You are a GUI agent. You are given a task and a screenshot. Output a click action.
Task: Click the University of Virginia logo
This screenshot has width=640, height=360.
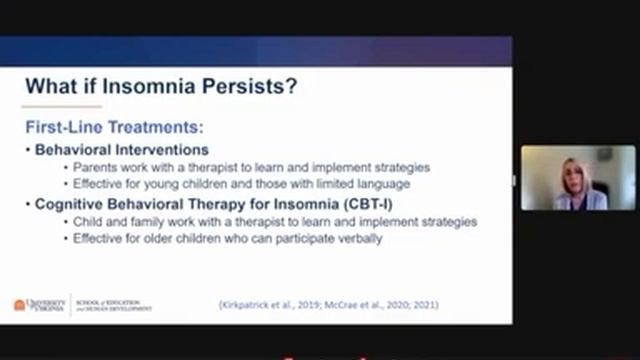click(x=39, y=303)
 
